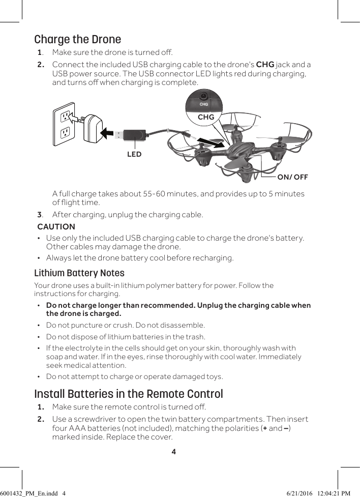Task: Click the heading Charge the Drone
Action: tap(77, 39)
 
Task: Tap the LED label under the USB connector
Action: tap(134, 154)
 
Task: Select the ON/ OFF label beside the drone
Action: tap(292, 177)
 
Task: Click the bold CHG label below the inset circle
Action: tap(206, 117)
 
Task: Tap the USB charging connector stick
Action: tap(130, 135)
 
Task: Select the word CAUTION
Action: tap(56, 226)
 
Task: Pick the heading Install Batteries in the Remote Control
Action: tap(128, 394)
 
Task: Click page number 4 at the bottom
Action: tap(173, 451)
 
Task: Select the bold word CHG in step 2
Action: tap(265, 65)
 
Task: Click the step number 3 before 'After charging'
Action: tap(40, 214)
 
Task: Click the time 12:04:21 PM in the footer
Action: tap(334, 493)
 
